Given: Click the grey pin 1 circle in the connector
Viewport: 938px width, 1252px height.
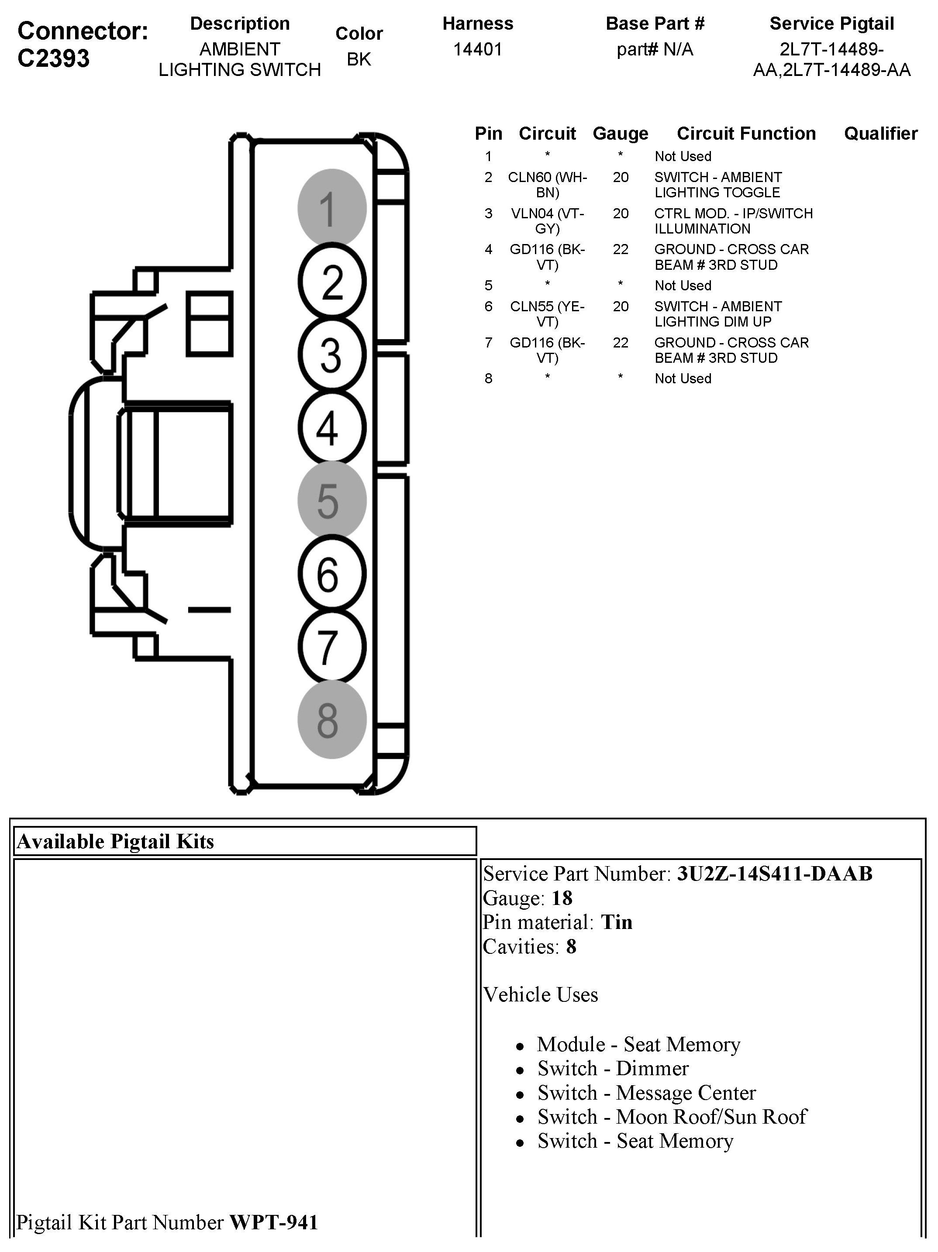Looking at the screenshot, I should coord(332,208).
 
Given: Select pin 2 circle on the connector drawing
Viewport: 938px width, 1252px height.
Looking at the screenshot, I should coord(332,281).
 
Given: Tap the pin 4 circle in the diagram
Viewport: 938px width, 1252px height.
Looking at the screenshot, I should coord(332,427).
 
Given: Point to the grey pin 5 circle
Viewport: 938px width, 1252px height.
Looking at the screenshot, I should coord(332,500).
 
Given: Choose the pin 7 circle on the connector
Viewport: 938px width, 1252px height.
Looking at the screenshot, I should coord(332,647).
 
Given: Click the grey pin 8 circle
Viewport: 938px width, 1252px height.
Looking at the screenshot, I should coord(332,719).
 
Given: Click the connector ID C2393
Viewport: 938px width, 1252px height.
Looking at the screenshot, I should coord(53,58).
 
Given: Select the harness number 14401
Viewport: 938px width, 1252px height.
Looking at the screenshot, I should coord(478,49).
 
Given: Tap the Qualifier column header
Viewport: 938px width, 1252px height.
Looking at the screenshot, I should coord(880,134).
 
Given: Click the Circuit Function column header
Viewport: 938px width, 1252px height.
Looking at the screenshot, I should coord(746,134).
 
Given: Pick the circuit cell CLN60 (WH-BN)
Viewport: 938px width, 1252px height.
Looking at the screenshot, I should coord(548,185).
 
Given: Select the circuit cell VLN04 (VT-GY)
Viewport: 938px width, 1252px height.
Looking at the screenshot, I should coord(548,221).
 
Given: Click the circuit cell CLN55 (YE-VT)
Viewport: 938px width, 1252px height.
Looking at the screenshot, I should coord(548,313).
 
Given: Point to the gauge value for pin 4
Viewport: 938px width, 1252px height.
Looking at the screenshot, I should coord(621,250).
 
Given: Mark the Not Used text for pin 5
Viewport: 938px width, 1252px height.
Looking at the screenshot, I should coord(683,285).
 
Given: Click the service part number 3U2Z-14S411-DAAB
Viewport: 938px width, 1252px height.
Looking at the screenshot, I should coord(774,874).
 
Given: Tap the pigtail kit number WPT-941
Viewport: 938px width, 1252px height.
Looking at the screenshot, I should coord(273,1222).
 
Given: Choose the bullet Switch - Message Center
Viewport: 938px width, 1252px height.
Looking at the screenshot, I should coord(646,1092).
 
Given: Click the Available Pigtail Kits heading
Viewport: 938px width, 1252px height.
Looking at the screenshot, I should coord(115,841).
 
